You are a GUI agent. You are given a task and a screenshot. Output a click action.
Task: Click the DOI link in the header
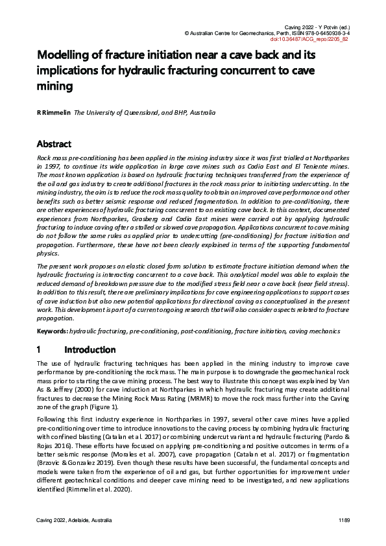318,39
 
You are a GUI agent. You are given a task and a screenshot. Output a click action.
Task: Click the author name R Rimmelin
53,113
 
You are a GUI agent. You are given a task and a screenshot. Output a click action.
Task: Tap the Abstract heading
54,144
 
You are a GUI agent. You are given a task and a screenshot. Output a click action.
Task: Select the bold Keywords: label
52,331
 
